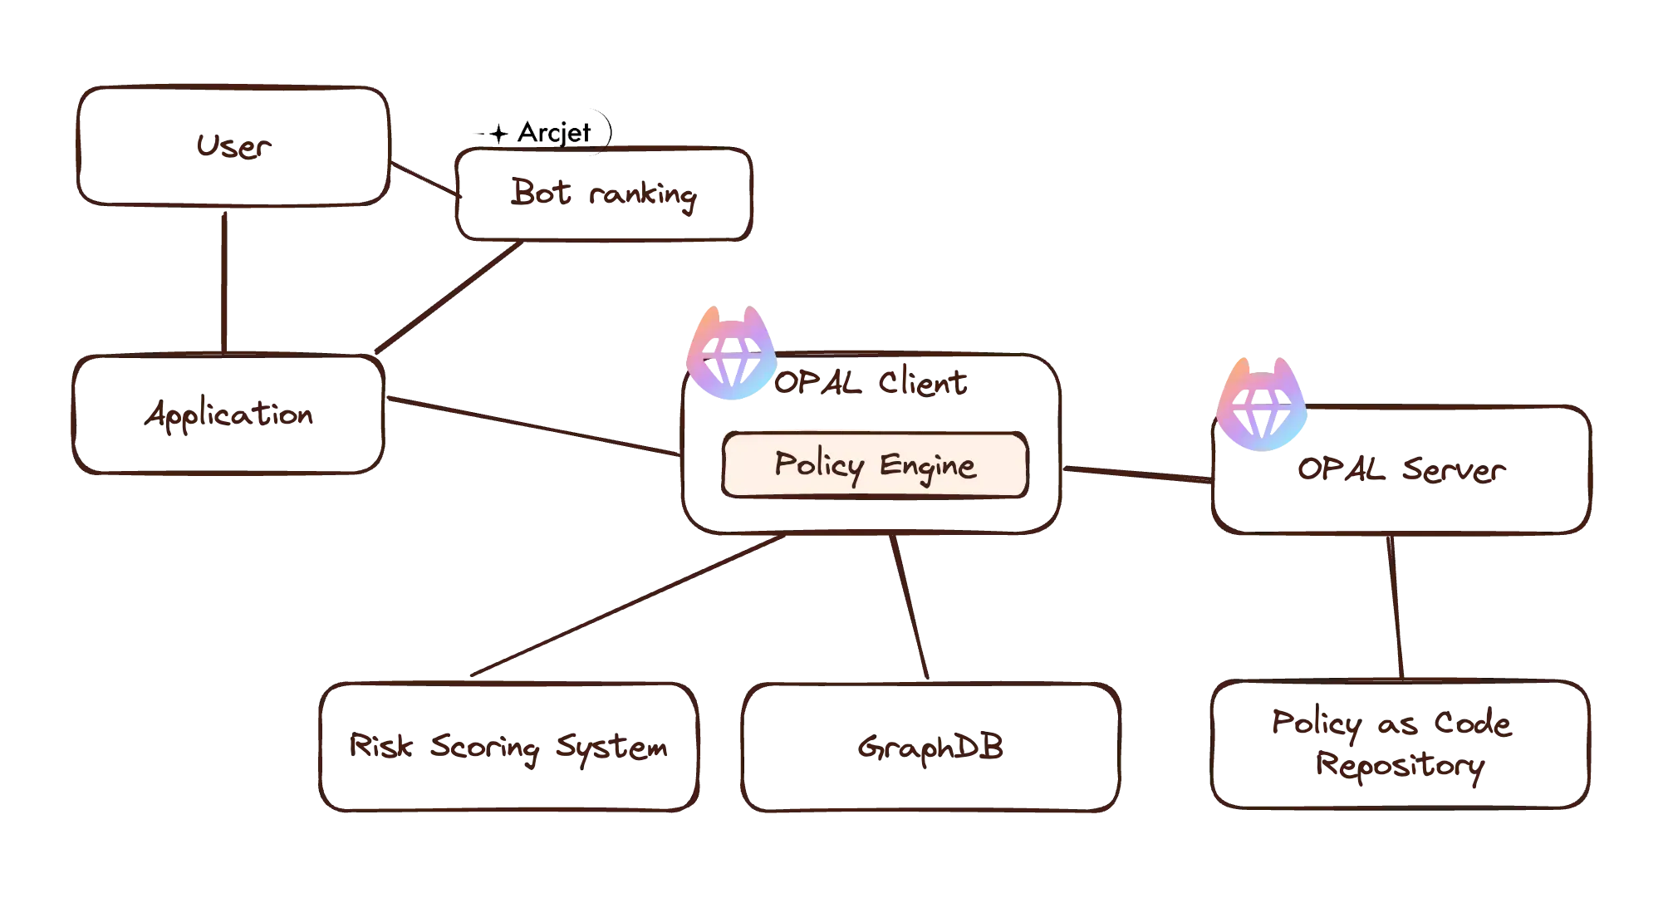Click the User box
pyautogui.click(x=232, y=145)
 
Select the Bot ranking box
pyautogui.click(x=604, y=196)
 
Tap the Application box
pyautogui.click(x=228, y=415)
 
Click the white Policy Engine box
pyautogui.click(x=875, y=465)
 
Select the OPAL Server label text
pyautogui.click(x=1400, y=472)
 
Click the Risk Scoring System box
pyautogui.click(x=507, y=747)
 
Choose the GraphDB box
pyautogui.click(x=930, y=747)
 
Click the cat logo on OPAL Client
pyautogui.click(x=731, y=356)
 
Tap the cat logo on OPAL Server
pyautogui.click(x=1262, y=405)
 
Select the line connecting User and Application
pyautogui.click(x=224, y=278)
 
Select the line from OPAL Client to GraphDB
pyautogui.click(x=910, y=606)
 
